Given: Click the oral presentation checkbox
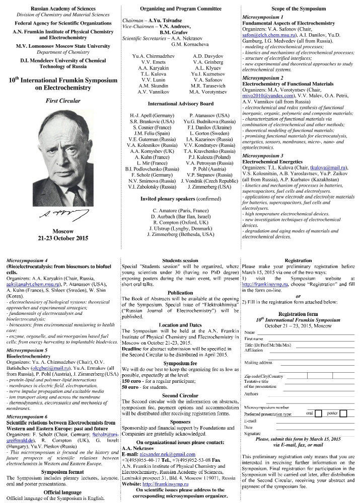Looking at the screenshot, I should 318,413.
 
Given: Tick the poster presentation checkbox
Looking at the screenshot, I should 346,413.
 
